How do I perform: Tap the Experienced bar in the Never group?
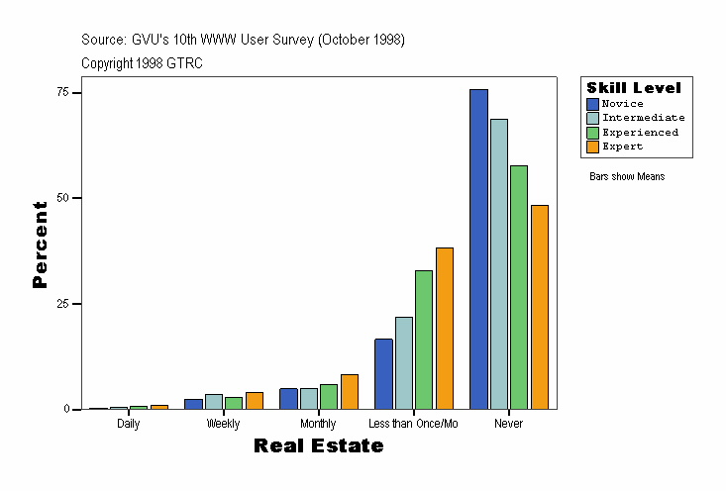point(519,287)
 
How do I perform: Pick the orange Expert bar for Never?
point(539,307)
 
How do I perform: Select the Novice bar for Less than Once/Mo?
point(383,374)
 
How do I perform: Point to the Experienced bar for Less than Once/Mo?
point(424,340)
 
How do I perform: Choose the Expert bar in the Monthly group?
point(349,392)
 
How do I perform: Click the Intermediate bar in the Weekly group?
point(214,402)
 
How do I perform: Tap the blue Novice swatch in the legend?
point(592,104)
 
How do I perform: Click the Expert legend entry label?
point(622,147)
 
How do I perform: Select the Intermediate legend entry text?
point(643,118)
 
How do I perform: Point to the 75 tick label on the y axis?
point(63,92)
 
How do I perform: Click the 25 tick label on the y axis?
point(63,304)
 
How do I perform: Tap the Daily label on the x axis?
point(128,424)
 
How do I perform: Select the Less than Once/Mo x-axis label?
point(413,424)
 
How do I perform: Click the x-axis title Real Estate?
point(318,446)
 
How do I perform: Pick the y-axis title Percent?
point(40,245)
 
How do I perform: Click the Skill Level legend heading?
point(634,88)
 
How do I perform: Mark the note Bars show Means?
point(627,177)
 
